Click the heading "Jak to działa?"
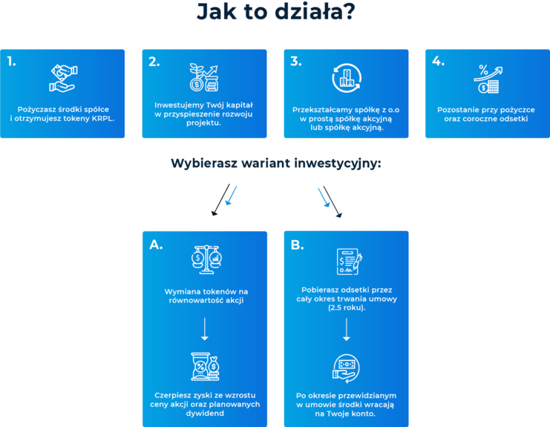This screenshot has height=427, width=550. (275, 13)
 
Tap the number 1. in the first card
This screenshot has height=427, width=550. (12, 62)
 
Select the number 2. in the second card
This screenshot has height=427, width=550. (154, 62)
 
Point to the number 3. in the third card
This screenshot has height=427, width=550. (295, 62)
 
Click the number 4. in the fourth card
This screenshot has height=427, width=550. (437, 62)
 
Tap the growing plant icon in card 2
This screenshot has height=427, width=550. (203, 77)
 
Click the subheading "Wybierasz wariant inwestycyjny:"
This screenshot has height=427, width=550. (275, 163)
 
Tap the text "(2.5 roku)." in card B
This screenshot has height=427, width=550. (346, 307)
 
